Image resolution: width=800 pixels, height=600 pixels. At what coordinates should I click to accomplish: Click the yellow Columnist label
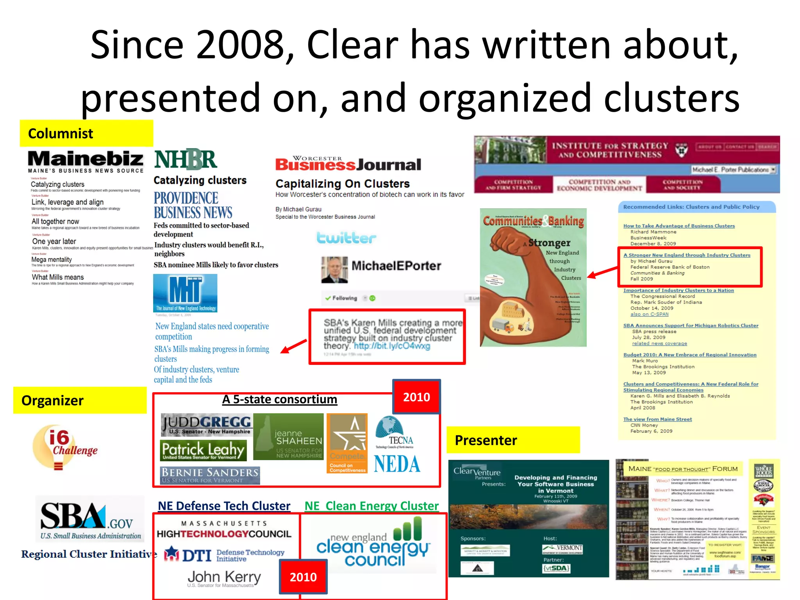(x=86, y=134)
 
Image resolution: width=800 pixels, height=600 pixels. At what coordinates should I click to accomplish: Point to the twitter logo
(x=346, y=238)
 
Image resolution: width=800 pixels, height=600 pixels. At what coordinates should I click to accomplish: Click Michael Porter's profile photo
(x=334, y=270)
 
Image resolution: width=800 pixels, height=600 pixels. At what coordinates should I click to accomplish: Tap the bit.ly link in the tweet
(x=392, y=346)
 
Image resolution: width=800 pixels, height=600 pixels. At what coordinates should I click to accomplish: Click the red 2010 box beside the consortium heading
(x=416, y=397)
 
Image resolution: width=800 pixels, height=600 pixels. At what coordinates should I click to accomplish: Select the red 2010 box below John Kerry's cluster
(x=303, y=577)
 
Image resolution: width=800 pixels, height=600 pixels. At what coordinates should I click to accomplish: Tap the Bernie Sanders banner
(x=210, y=475)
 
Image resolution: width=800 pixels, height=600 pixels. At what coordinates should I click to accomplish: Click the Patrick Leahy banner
(x=203, y=450)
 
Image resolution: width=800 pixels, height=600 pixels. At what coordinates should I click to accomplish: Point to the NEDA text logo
(x=397, y=464)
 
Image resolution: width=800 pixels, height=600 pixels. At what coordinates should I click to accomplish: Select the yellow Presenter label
(x=513, y=440)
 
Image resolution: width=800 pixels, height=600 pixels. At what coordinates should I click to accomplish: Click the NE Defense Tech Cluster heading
(x=224, y=506)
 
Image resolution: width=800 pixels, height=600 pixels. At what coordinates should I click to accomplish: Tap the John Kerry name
(x=224, y=577)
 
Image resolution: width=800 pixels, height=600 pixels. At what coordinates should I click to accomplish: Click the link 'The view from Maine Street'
(x=657, y=419)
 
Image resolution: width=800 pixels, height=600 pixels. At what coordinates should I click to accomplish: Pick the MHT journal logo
(x=185, y=293)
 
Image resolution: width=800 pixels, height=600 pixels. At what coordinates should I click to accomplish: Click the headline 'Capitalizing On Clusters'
(x=343, y=184)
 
